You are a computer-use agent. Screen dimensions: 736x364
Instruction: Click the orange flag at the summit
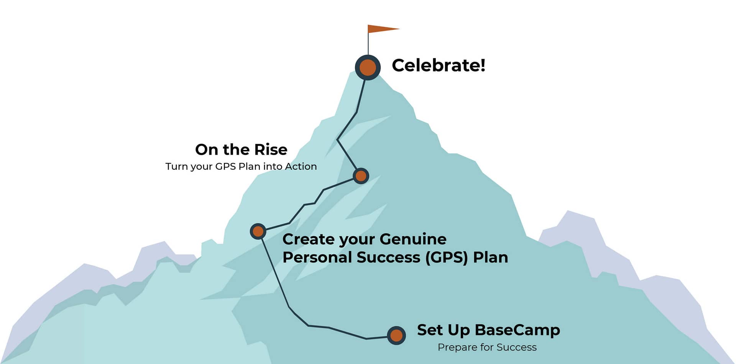pos(381,29)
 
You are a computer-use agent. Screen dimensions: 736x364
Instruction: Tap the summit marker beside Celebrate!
pos(368,67)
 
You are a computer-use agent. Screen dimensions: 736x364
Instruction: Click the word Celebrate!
pos(439,65)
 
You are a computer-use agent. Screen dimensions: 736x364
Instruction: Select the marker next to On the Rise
pos(361,176)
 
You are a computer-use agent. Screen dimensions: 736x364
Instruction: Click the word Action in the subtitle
pos(301,166)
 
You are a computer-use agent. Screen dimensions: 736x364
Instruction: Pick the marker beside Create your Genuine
pos(258,231)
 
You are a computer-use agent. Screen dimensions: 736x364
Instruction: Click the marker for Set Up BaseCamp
pos(396,336)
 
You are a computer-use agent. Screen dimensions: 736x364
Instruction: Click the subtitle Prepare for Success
pos(487,347)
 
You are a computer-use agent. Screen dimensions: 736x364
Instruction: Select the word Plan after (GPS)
pos(491,257)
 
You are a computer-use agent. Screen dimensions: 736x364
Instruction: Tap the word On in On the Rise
pos(207,149)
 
